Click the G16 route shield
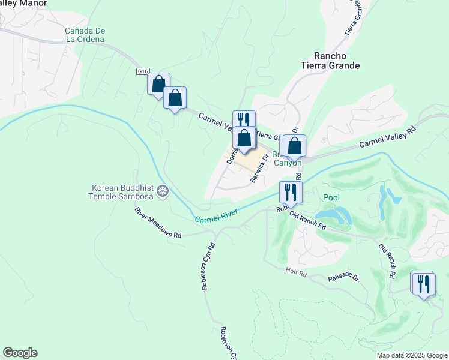(x=142, y=71)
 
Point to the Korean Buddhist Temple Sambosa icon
(x=162, y=192)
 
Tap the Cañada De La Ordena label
(x=85, y=35)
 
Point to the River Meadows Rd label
(x=158, y=223)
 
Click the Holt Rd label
(x=297, y=273)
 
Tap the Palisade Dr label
(x=343, y=278)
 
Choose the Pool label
(x=331, y=197)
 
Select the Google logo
(x=20, y=353)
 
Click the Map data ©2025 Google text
(x=411, y=355)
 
